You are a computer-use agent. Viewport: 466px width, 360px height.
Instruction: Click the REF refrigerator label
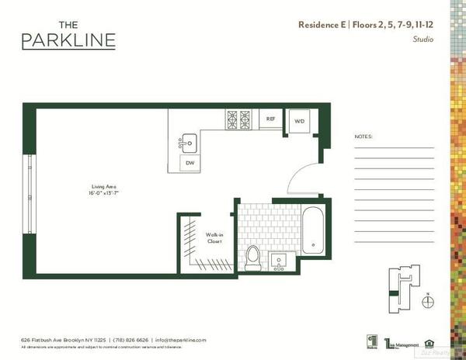point(271,119)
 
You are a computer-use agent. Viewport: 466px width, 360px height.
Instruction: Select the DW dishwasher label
point(190,163)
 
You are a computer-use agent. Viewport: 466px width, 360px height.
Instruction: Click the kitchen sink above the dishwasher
point(189,142)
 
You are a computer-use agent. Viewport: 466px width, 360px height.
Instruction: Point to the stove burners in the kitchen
point(238,119)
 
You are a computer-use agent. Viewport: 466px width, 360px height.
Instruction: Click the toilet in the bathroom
point(252,257)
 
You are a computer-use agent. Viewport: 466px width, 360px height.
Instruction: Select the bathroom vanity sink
point(280,260)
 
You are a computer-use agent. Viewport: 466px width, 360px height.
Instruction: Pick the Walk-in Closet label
point(214,237)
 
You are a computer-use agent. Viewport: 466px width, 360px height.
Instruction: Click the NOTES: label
point(363,136)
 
